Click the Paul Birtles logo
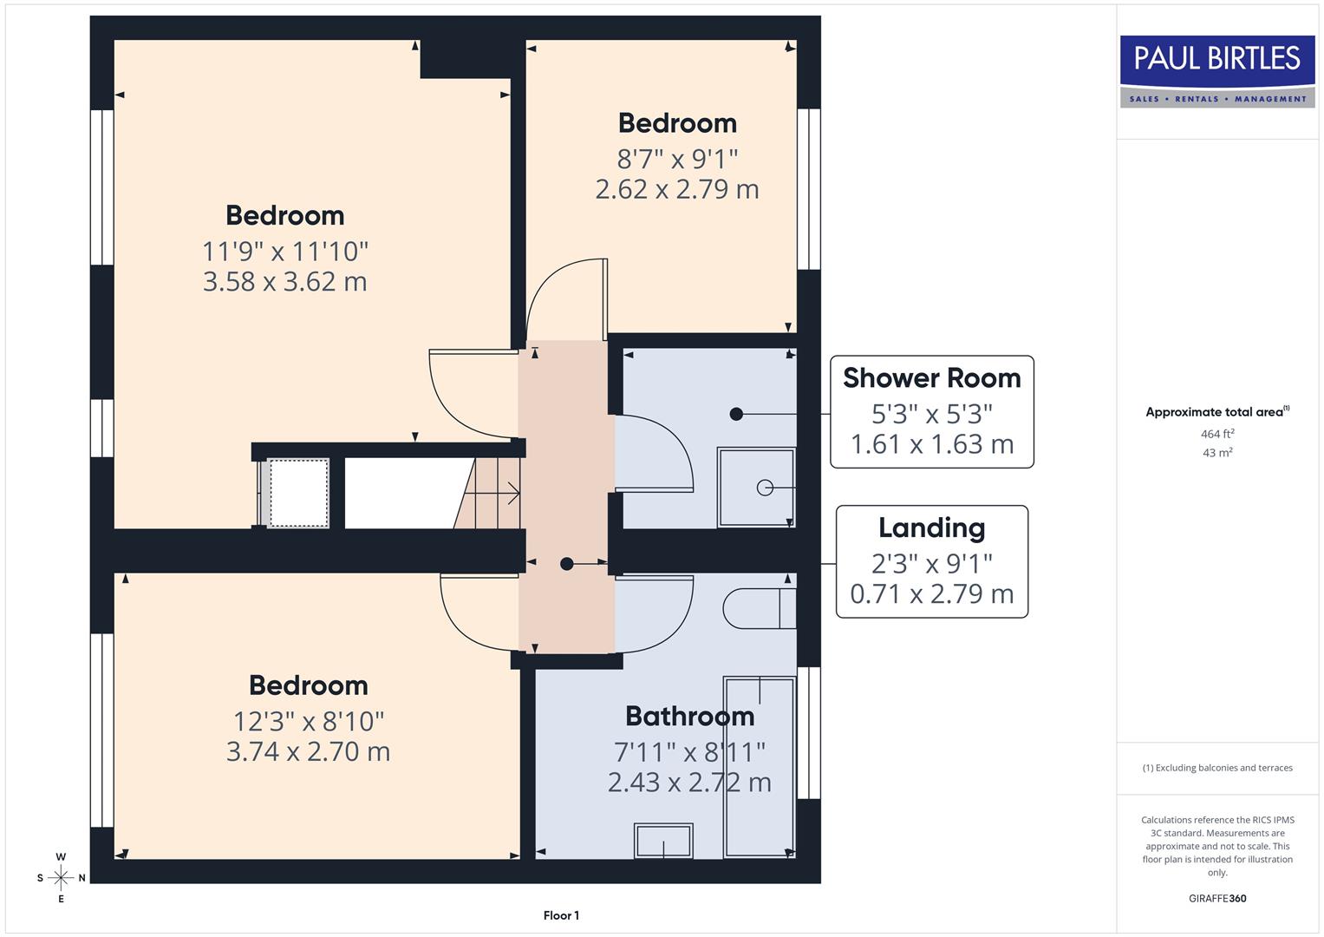coord(1217,71)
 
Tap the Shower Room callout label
coord(932,378)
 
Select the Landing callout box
coord(932,562)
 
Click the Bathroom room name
coord(689,717)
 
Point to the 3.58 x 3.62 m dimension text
coord(285,282)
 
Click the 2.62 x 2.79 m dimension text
coord(677,189)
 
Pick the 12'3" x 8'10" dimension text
coord(309,721)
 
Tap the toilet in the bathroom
coord(758,609)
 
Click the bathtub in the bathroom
coord(760,767)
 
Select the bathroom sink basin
coord(664,841)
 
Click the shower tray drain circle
coord(765,488)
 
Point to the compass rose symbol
coord(61,878)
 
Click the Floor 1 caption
coord(561,915)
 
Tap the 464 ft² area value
coord(1217,434)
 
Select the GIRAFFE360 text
coord(1217,898)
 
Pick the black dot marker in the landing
coord(567,564)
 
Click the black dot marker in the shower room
coord(736,415)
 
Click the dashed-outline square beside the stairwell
coord(299,493)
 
